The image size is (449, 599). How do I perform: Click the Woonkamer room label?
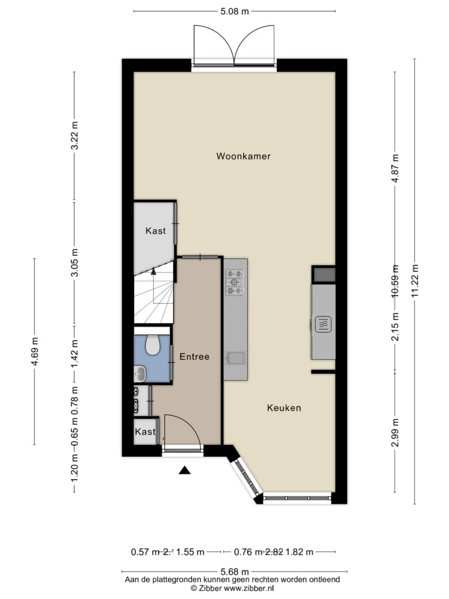(x=243, y=156)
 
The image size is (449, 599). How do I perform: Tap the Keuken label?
(x=284, y=408)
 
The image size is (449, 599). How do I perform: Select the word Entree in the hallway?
(x=194, y=357)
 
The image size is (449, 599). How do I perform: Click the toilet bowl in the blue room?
(x=152, y=345)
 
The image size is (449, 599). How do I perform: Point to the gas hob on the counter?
(x=235, y=283)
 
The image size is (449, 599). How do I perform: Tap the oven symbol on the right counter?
(x=324, y=324)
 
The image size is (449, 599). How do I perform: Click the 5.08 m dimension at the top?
(x=234, y=11)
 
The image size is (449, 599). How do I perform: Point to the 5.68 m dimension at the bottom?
(x=234, y=572)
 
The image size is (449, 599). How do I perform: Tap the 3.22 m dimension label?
(x=74, y=136)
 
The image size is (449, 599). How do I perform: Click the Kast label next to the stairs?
(x=155, y=231)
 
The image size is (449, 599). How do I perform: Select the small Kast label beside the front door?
(x=145, y=431)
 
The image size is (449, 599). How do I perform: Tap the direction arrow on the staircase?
(x=153, y=270)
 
